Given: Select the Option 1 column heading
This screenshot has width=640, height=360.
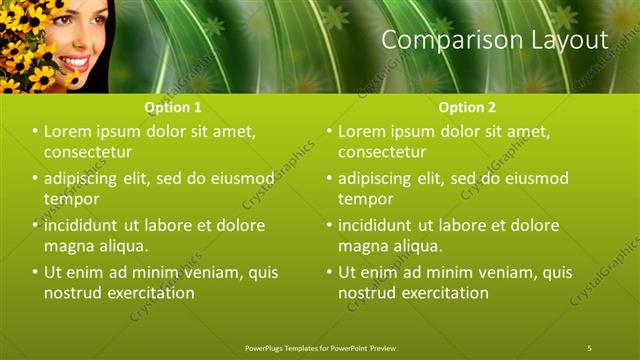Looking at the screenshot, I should coord(173,106).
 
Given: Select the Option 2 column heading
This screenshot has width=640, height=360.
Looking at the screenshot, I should coord(467,106).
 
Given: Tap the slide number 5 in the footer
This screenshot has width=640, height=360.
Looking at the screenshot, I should coord(590,347).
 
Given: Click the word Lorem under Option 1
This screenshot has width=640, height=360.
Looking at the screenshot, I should coord(69,131).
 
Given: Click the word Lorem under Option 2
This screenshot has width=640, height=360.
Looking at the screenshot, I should coord(363,131).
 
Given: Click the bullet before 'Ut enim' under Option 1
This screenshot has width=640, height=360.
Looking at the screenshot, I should coord(36,272).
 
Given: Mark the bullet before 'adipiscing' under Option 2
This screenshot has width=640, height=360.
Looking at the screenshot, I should coord(330,178).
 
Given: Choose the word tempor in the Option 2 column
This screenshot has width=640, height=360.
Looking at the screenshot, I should coord(366,199).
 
